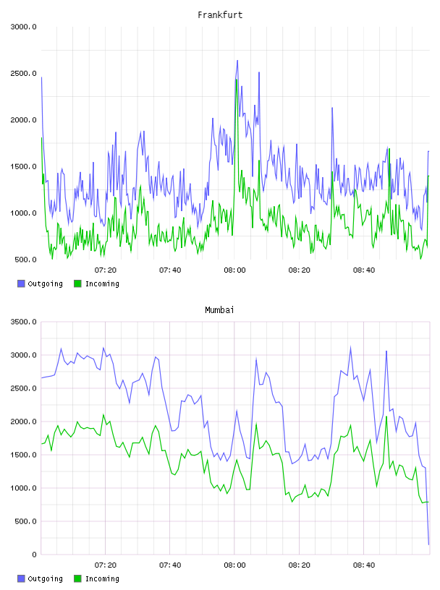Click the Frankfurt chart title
click(x=220, y=15)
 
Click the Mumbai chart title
click(x=219, y=310)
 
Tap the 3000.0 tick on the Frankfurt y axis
click(x=23, y=27)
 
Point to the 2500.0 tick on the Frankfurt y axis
click(x=23, y=73)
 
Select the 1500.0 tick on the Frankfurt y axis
click(x=23, y=167)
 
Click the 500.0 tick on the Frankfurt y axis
click(x=25, y=260)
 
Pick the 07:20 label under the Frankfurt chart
click(x=106, y=270)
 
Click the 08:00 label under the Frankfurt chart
click(x=234, y=270)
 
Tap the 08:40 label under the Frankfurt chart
click(x=364, y=270)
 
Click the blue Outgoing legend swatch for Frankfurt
click(x=21, y=283)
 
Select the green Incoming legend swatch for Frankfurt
click(x=77, y=283)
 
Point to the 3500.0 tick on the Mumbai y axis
click(x=23, y=322)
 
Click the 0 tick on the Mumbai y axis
click(x=34, y=555)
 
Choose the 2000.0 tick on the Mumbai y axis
click(x=23, y=422)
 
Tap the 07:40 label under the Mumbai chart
click(x=170, y=565)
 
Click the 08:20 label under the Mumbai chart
click(x=300, y=565)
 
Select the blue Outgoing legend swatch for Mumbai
click(x=21, y=578)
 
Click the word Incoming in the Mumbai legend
click(x=102, y=578)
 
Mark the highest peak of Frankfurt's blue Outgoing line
click(x=237, y=60)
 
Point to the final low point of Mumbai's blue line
click(x=428, y=544)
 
